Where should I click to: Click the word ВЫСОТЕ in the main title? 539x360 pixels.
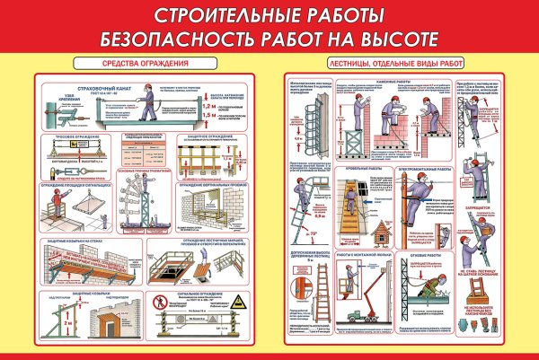pyautogui.click(x=393, y=39)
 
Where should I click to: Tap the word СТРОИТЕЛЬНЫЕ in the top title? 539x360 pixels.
pyautogui.click(x=213, y=15)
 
